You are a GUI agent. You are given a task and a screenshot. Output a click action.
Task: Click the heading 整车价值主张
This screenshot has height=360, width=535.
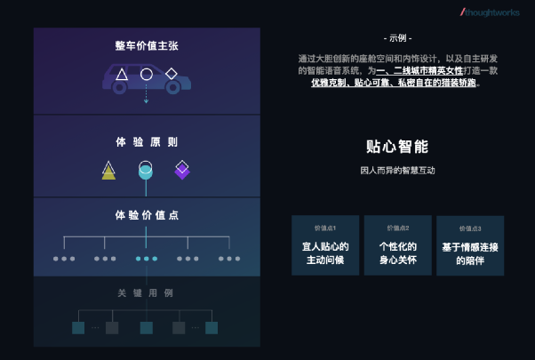pos(147,45)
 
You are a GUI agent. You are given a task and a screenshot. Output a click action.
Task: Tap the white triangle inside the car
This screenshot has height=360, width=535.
pos(121,75)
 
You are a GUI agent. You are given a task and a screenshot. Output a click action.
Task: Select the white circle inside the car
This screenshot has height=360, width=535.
pos(147,75)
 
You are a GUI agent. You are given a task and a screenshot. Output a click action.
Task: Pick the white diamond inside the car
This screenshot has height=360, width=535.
pos(172,74)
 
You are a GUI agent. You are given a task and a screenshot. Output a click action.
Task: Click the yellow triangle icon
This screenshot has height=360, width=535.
pos(108,170)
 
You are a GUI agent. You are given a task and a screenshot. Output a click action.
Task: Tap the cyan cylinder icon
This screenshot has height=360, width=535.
pos(146,170)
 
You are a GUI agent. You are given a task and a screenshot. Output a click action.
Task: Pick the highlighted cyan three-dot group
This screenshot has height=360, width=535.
pos(147,259)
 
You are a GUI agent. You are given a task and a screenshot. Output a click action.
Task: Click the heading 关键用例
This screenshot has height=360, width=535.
pos(147,292)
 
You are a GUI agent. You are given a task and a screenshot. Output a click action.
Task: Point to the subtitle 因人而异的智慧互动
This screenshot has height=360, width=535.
pos(397,170)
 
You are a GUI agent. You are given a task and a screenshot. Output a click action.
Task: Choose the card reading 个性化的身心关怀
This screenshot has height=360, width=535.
pos(397,245)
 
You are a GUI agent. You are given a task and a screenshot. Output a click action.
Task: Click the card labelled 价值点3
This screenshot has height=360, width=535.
pos(470,246)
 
